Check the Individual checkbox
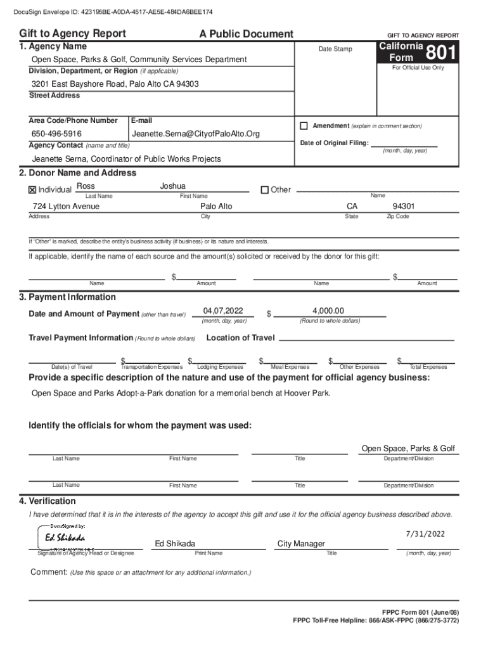(x=32, y=190)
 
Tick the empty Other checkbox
(x=264, y=190)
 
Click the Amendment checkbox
(x=304, y=125)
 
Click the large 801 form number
(x=440, y=53)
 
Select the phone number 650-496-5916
(x=56, y=134)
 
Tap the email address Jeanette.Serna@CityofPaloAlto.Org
(x=196, y=134)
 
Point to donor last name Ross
(x=86, y=186)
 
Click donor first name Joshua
(x=173, y=186)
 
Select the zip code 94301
(x=404, y=207)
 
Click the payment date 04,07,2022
(x=223, y=311)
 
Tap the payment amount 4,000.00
(x=328, y=311)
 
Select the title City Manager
(x=301, y=543)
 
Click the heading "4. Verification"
(x=48, y=501)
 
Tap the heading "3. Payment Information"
(x=67, y=297)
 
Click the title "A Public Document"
(x=246, y=34)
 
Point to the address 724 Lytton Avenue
(x=66, y=207)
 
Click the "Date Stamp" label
(x=335, y=49)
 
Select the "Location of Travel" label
(x=240, y=338)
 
